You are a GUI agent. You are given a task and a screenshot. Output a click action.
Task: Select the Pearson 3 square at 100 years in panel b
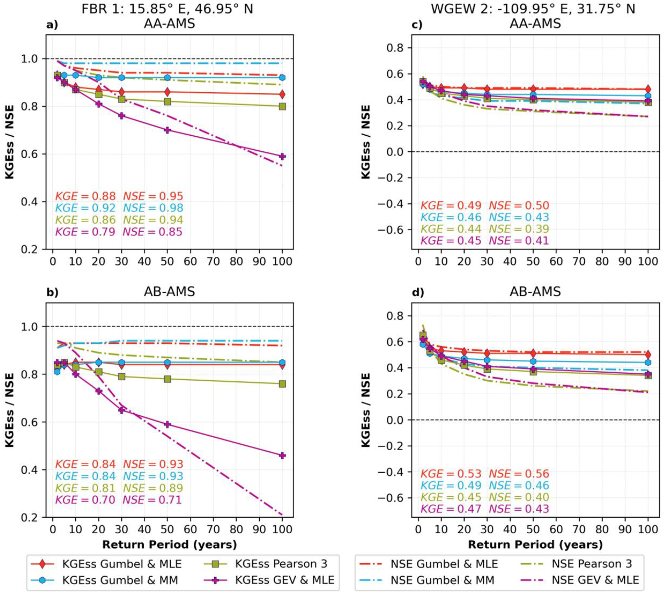[282, 384]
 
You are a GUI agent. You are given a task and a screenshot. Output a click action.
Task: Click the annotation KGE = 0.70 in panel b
[85, 500]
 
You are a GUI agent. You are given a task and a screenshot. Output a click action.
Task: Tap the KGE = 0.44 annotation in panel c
[451, 229]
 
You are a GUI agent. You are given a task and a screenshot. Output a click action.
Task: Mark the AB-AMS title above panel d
[535, 291]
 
